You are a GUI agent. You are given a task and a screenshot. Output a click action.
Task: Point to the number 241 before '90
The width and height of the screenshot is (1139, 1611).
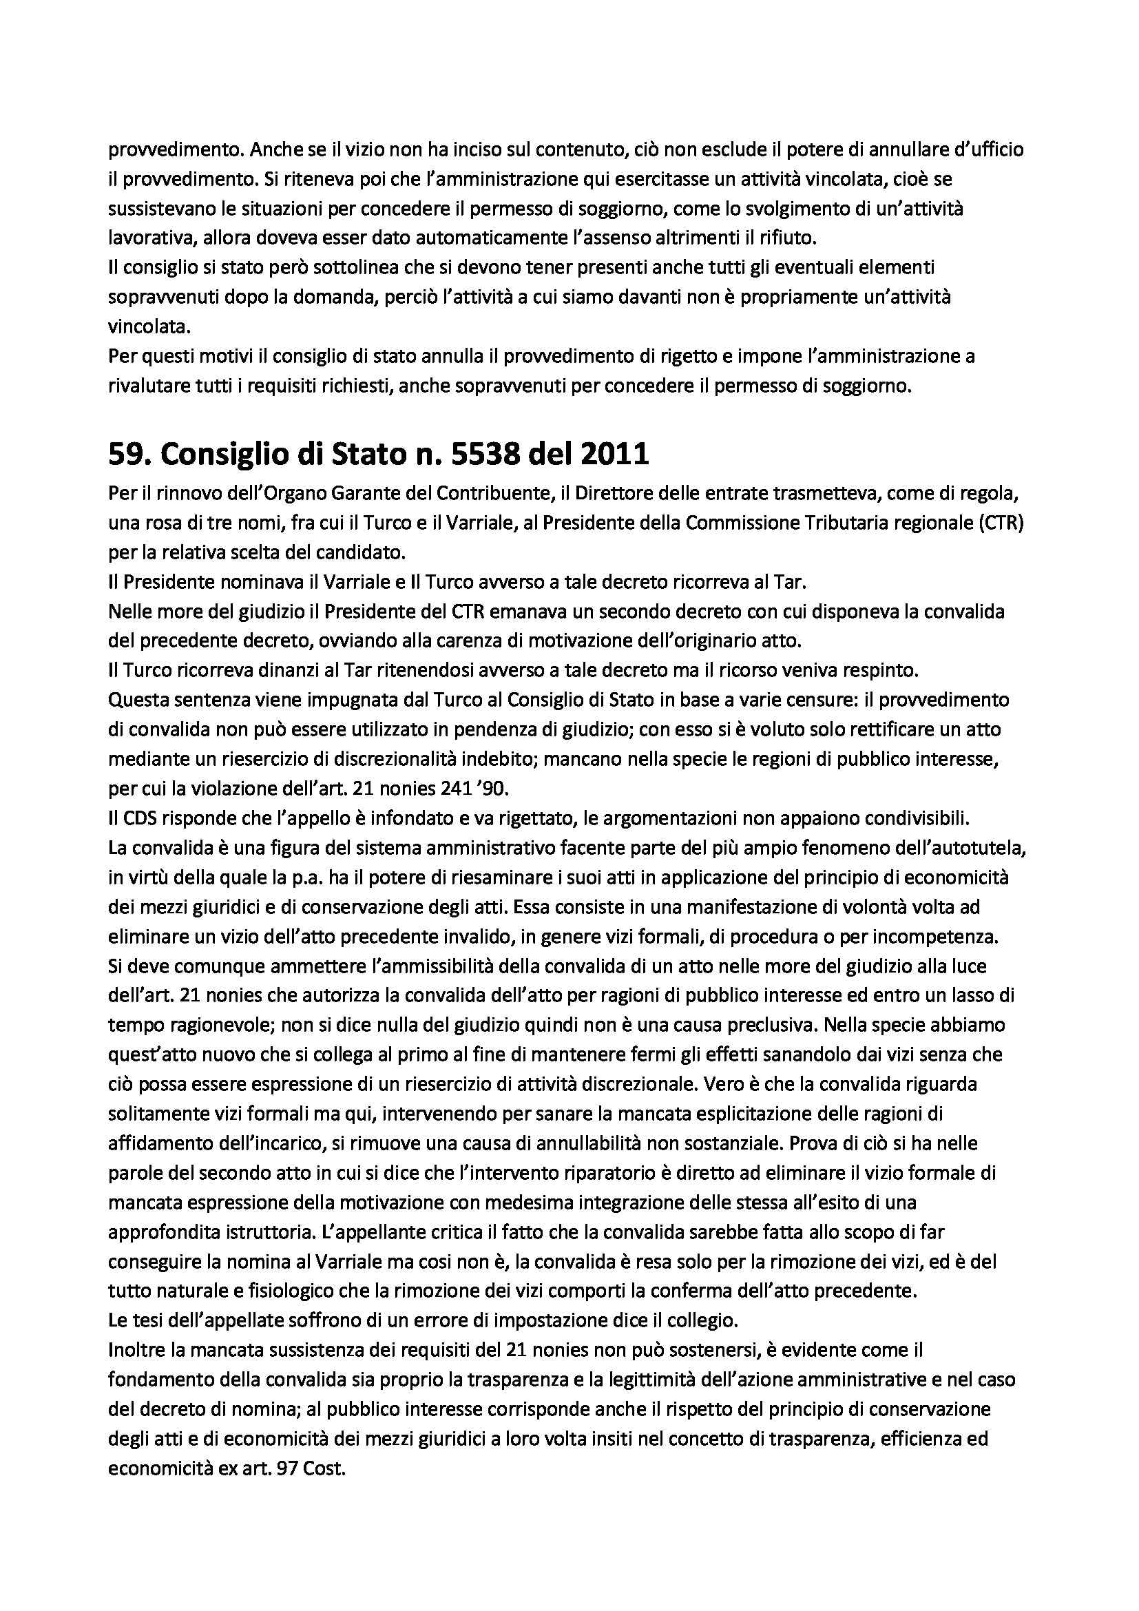click(x=437, y=789)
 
